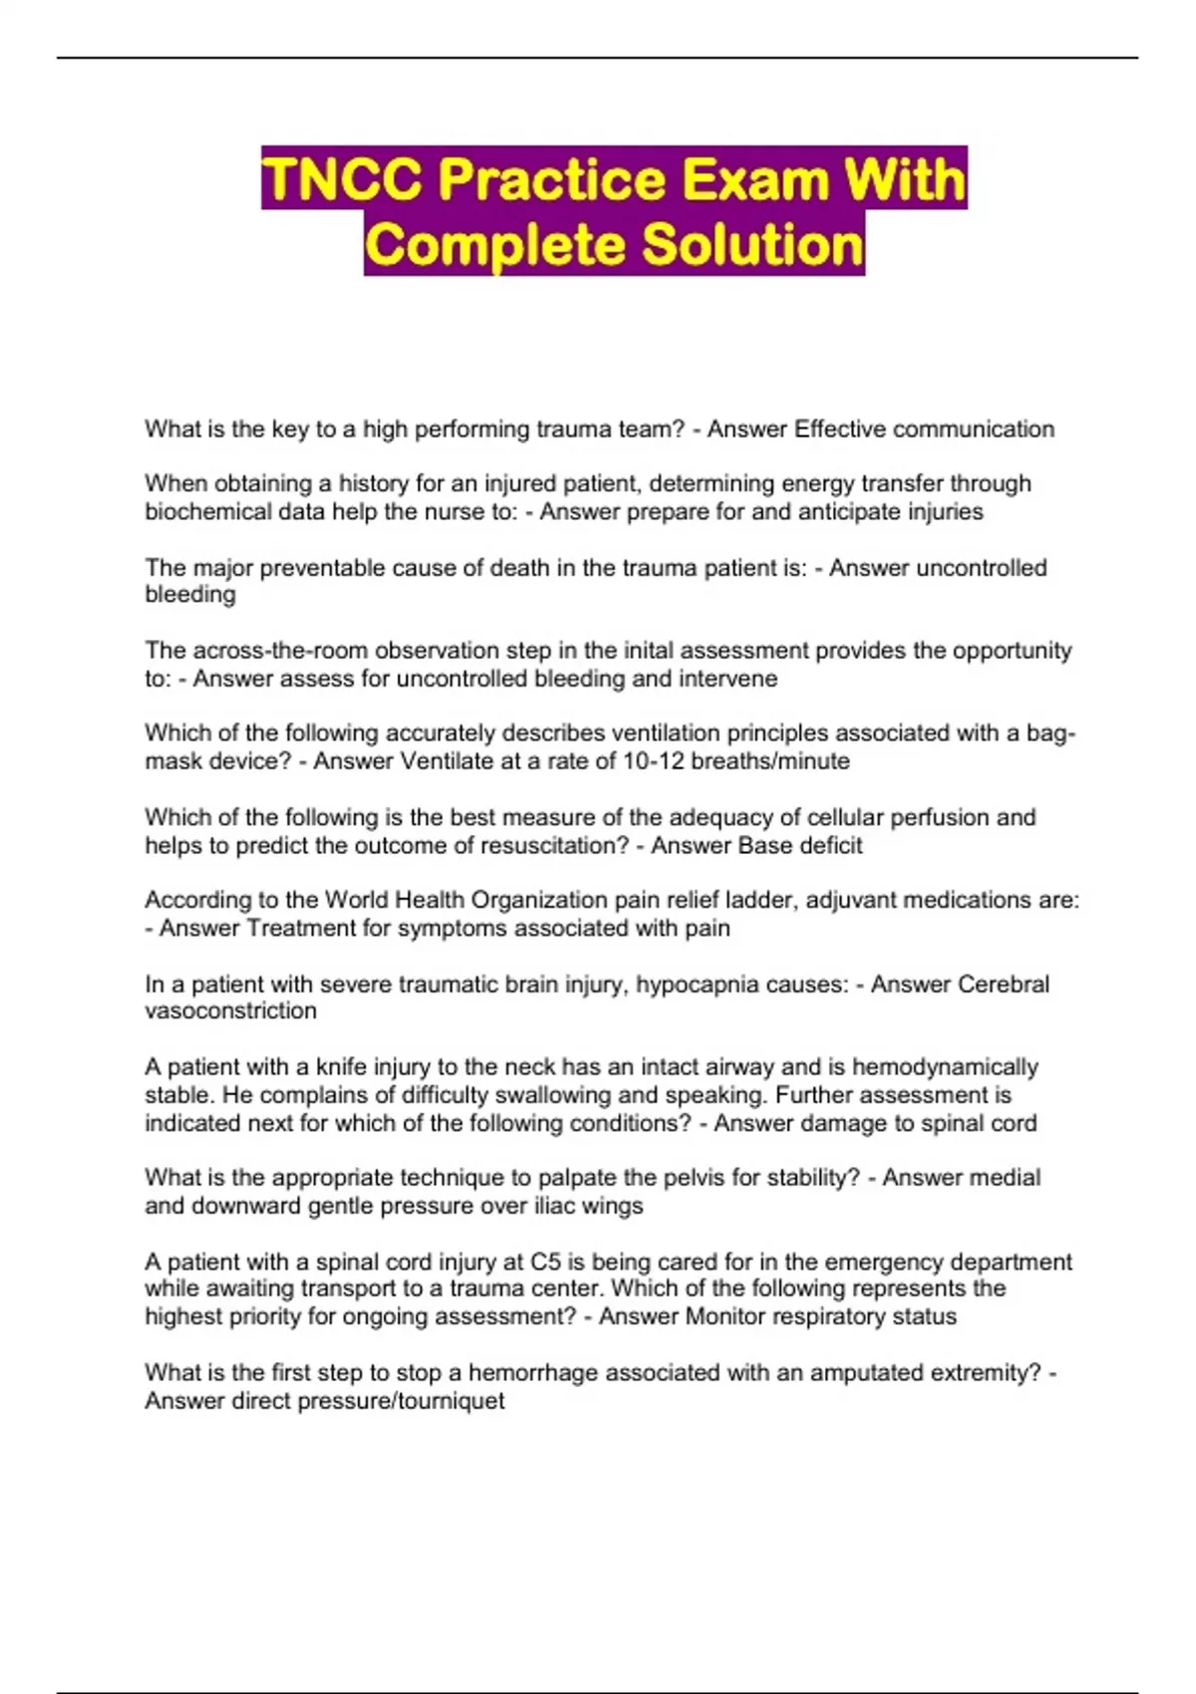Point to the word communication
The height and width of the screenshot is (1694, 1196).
tap(973, 429)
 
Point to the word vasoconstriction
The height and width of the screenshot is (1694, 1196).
tap(230, 1011)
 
